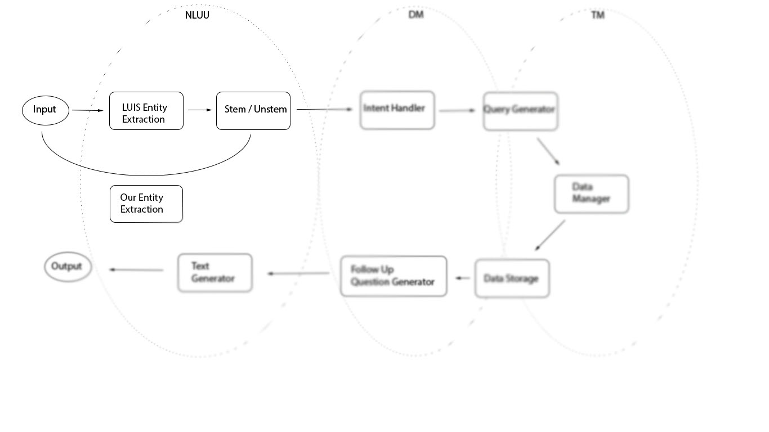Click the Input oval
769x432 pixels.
[x=46, y=111]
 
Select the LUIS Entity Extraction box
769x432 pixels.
[x=146, y=111]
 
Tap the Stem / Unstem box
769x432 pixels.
[x=253, y=111]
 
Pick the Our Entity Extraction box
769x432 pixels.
[x=146, y=204]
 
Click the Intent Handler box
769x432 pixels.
[x=397, y=110]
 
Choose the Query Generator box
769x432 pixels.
[x=521, y=111]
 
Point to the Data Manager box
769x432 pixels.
[x=592, y=194]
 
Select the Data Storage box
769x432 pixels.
[x=512, y=278]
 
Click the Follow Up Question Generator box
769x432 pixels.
[x=394, y=276]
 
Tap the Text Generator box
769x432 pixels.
[x=215, y=273]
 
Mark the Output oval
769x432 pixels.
[x=68, y=267]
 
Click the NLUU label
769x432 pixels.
[x=197, y=16]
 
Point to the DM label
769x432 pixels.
[x=416, y=15]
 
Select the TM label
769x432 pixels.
[x=598, y=15]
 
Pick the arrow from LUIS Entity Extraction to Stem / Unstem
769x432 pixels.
[x=200, y=110]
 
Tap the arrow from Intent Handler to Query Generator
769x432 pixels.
[x=458, y=111]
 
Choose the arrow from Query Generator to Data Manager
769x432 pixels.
[x=548, y=151]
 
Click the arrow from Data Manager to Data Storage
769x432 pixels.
[x=550, y=235]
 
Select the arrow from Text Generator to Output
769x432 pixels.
[x=136, y=270]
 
